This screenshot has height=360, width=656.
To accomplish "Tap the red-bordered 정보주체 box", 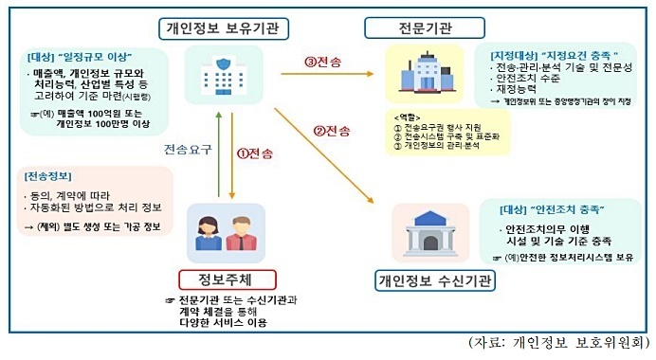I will [x=228, y=279].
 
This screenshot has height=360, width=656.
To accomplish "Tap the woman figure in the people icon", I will [x=210, y=232].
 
